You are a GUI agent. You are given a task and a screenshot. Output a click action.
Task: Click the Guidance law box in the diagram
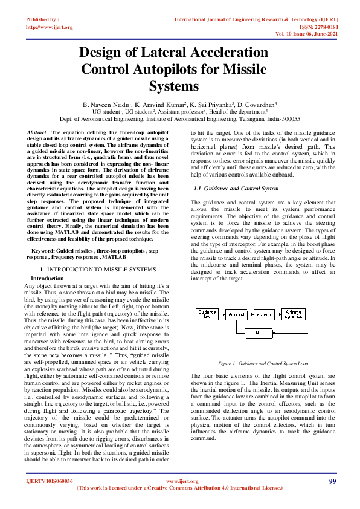click(x=208, y=315)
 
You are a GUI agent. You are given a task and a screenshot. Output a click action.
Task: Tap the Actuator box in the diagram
click(x=264, y=315)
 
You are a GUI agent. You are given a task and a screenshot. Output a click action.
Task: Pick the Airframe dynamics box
click(x=294, y=315)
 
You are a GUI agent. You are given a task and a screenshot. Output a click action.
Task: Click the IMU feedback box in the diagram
click(x=259, y=332)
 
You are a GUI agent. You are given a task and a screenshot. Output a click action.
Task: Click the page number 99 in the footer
click(x=332, y=481)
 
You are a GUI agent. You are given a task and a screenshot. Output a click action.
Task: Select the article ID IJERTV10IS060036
click(x=49, y=481)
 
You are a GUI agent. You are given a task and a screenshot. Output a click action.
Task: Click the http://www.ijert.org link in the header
click(x=49, y=27)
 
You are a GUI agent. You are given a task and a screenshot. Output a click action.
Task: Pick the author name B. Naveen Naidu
click(x=108, y=105)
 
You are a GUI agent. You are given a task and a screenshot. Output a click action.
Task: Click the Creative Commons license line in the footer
click(x=180, y=487)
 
